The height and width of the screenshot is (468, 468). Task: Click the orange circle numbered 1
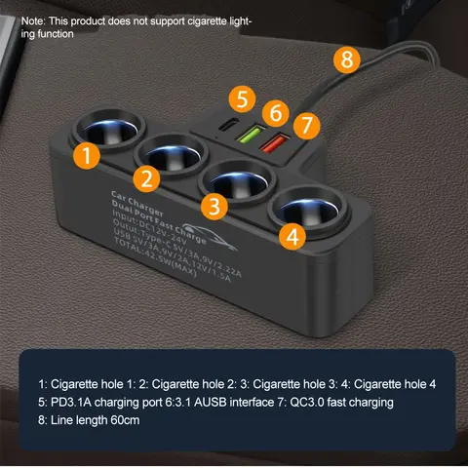point(89,155)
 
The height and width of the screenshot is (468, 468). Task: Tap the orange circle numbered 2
point(147,178)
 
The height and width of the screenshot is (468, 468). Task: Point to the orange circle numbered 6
point(277,112)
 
